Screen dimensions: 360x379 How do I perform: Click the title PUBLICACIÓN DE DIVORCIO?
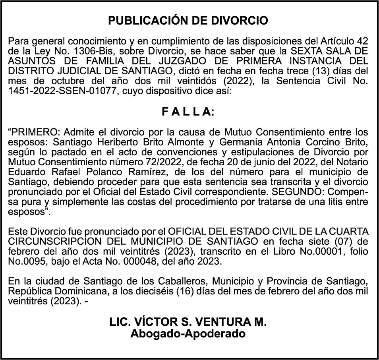click(x=188, y=21)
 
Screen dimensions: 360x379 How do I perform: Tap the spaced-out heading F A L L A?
click(x=188, y=112)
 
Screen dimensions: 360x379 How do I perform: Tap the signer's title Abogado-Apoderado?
click(x=188, y=334)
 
